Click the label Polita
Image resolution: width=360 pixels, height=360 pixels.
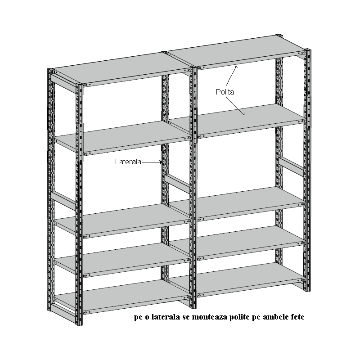tap(225, 92)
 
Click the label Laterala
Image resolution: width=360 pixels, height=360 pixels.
tap(128, 162)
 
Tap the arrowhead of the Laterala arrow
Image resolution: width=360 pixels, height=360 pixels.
tap(161, 162)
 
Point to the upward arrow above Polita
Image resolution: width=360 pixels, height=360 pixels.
tap(231, 76)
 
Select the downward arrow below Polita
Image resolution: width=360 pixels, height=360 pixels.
tap(235, 106)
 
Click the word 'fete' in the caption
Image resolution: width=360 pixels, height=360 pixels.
tap(297, 317)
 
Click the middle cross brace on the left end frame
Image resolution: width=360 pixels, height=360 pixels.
tap(63, 200)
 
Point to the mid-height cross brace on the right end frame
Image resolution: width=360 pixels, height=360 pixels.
tap(292, 166)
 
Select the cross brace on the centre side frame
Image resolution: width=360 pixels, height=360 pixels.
tap(178, 184)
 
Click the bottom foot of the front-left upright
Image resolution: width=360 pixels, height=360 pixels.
tap(79, 323)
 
